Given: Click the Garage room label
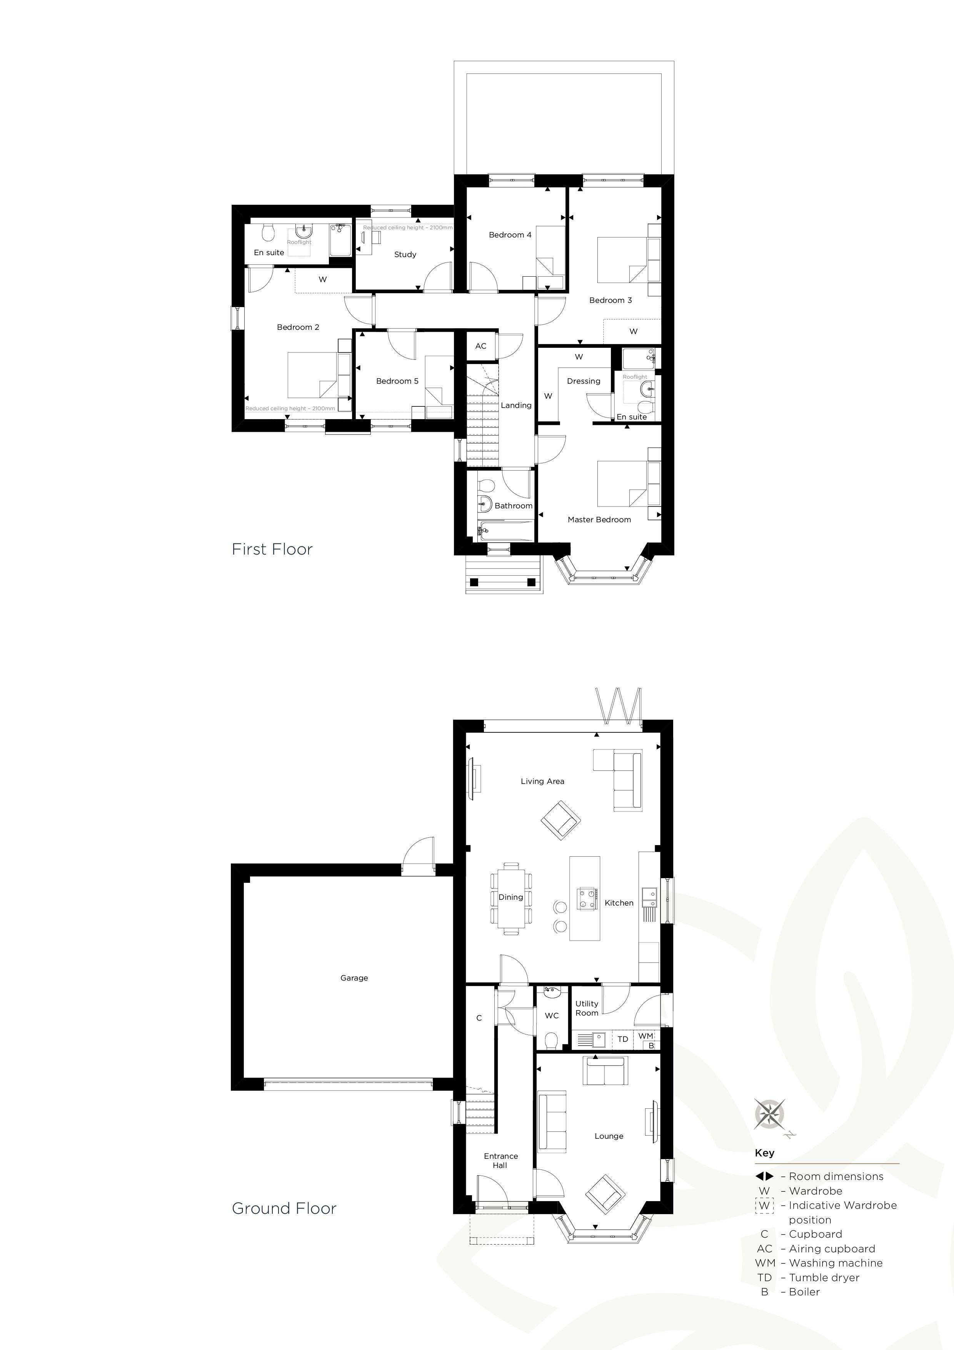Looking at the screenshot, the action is (x=354, y=978).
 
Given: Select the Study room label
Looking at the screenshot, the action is (x=405, y=255).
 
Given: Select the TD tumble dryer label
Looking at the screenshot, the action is (x=622, y=1039).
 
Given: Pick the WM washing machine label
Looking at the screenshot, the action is (x=645, y=1036).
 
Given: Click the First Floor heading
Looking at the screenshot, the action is (x=272, y=549).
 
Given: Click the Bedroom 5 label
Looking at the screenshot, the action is (x=397, y=381).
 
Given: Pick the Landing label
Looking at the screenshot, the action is (x=516, y=405).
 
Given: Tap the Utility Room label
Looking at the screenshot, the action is (x=587, y=1008).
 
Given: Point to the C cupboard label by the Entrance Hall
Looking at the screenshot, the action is (x=479, y=1018).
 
